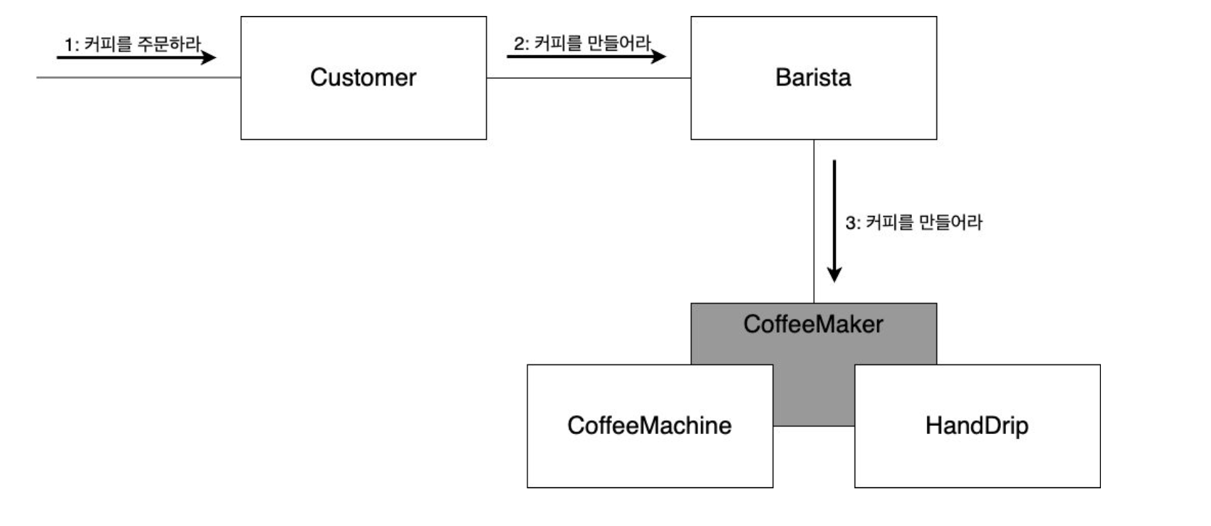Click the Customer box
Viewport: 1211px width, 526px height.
click(363, 109)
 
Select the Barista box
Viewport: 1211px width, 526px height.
click(813, 109)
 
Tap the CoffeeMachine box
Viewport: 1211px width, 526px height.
click(649, 456)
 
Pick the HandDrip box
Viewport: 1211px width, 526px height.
click(976, 456)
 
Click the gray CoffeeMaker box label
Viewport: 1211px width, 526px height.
click(813, 324)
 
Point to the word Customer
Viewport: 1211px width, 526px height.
click(363, 78)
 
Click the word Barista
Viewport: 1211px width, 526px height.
click(813, 78)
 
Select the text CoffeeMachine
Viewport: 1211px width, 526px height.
click(649, 425)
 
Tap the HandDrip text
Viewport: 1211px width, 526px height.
click(976, 425)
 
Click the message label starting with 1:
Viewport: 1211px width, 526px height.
click(133, 44)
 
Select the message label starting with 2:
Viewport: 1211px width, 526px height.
click(582, 43)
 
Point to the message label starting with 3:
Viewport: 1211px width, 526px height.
click(913, 222)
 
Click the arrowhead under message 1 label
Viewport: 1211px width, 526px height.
click(209, 57)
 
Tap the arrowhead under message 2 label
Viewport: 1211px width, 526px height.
click(659, 57)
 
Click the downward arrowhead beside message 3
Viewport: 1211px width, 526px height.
click(834, 275)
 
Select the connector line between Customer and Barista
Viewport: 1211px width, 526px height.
click(588, 78)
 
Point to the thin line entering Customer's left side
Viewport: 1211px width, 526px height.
click(138, 78)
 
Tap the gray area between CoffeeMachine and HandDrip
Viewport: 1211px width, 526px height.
click(813, 395)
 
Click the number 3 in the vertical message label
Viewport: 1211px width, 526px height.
click(850, 223)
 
